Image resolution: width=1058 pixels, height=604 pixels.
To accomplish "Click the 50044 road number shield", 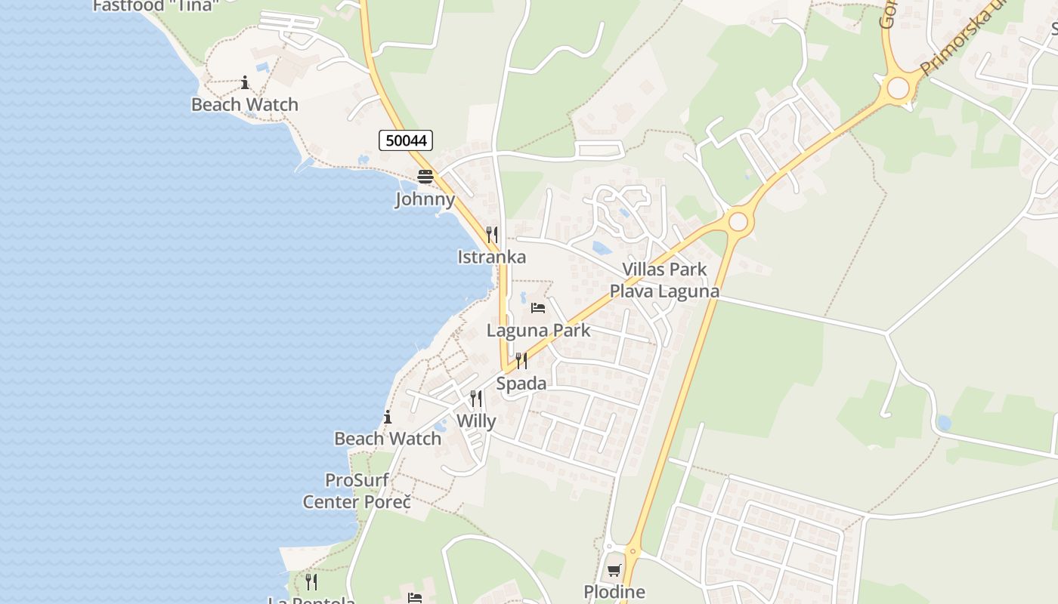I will coord(406,140).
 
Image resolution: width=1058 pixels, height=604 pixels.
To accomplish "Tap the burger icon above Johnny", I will coord(425,177).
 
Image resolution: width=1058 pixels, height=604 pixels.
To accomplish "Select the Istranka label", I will coord(492,257).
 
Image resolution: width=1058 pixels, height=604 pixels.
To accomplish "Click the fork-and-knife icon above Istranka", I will coord(492,235).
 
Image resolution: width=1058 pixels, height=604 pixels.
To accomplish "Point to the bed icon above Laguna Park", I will coord(538,308).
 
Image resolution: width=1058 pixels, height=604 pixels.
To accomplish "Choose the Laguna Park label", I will coord(539,330).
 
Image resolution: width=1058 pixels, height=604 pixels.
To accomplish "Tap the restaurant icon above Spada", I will coord(521,361).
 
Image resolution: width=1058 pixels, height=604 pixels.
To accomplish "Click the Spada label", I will coord(521,384).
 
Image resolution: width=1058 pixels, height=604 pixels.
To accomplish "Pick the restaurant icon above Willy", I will coord(476,398).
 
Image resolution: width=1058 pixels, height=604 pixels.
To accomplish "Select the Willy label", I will coord(477,421).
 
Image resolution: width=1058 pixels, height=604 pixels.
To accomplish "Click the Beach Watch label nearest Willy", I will coord(388,439).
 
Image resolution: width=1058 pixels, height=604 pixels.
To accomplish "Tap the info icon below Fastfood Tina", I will coord(245,82).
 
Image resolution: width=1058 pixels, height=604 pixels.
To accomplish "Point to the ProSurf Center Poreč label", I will coord(357,491).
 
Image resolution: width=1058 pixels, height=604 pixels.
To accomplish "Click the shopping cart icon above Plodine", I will coord(614,571).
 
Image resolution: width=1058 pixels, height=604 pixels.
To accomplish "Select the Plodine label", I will coord(614,592).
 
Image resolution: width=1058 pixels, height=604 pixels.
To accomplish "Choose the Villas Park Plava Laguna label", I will coord(664,280).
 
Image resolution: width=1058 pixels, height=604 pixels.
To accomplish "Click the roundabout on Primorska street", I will coord(898,88).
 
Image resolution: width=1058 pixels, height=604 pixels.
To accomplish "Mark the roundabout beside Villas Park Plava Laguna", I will coord(738,222).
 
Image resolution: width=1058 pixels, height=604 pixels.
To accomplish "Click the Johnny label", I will coord(425,199).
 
